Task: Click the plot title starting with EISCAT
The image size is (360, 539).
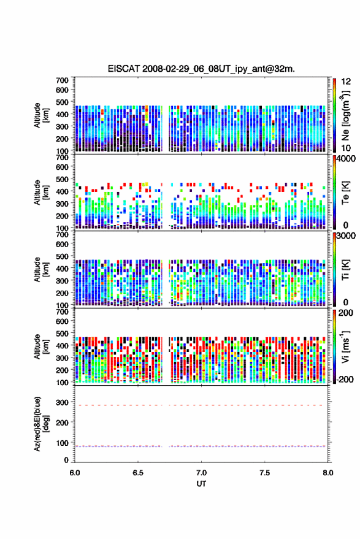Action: pos(201,69)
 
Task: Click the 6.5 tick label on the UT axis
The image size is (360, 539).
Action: pos(138,473)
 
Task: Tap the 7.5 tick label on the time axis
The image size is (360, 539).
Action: pos(264,473)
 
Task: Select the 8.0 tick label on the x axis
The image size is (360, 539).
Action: pos(327,473)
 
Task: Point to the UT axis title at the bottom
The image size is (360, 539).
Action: pos(201,484)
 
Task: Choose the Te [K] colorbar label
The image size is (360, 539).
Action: pos(345,193)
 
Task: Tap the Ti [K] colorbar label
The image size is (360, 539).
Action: pos(345,270)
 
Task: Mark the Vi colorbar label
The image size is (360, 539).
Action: pos(345,346)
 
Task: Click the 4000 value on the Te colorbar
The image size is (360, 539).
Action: pos(346,159)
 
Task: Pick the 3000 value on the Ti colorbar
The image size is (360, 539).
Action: pos(346,236)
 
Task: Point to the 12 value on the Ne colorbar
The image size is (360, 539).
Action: pos(346,82)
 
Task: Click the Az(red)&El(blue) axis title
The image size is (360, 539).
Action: pos(41,424)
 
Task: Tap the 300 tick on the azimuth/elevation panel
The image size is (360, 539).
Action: pos(62,402)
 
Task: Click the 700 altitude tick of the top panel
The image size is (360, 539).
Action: pos(62,80)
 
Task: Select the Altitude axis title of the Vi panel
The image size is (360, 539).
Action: pos(41,346)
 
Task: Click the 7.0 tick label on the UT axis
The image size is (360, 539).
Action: pos(201,473)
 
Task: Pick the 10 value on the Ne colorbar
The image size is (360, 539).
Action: pos(346,148)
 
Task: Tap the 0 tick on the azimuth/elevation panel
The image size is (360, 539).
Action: pos(66,460)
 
